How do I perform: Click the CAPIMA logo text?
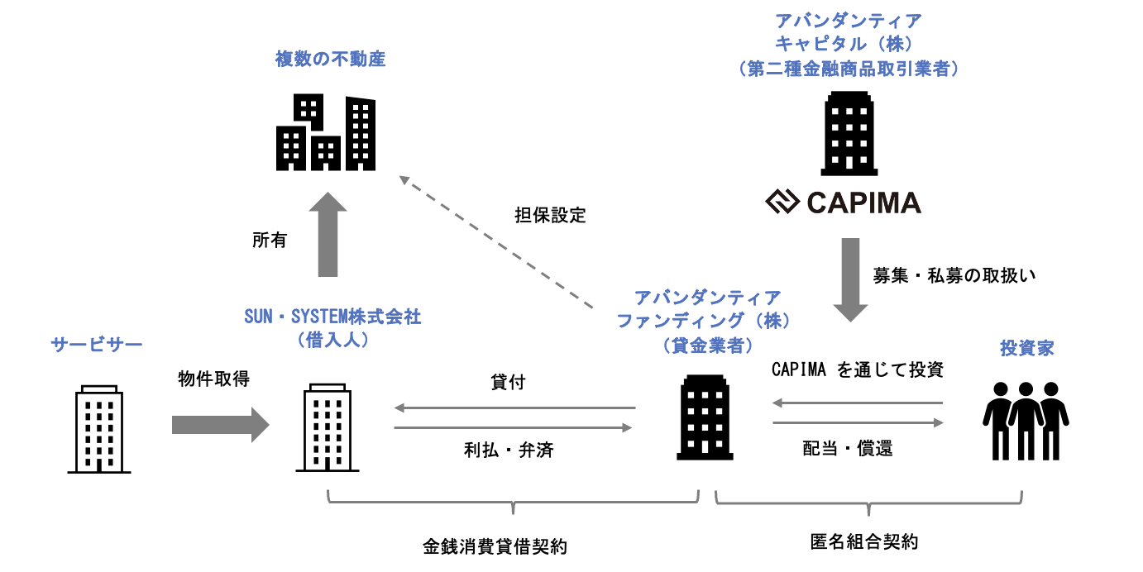(862, 202)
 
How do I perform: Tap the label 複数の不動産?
(330, 60)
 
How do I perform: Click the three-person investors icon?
(1026, 421)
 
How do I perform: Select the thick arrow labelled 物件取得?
(220, 425)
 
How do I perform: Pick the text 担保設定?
(550, 216)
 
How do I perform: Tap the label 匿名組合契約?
(864, 543)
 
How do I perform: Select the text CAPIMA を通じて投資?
(858, 370)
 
